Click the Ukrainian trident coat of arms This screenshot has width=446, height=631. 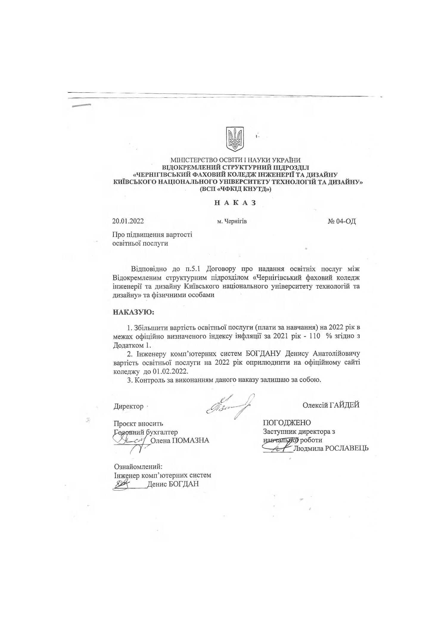click(235, 139)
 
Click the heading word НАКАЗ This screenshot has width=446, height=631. click(235, 203)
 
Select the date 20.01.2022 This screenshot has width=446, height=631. click(128, 221)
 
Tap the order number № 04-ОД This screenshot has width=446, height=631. click(342, 222)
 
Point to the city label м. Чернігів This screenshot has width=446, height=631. click(232, 222)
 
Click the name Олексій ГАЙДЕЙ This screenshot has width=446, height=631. click(331, 405)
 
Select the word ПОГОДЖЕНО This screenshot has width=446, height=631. click(287, 423)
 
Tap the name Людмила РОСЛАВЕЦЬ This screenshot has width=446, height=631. click(331, 448)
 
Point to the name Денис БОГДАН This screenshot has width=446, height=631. click(173, 483)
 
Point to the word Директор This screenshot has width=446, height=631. click(128, 406)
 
